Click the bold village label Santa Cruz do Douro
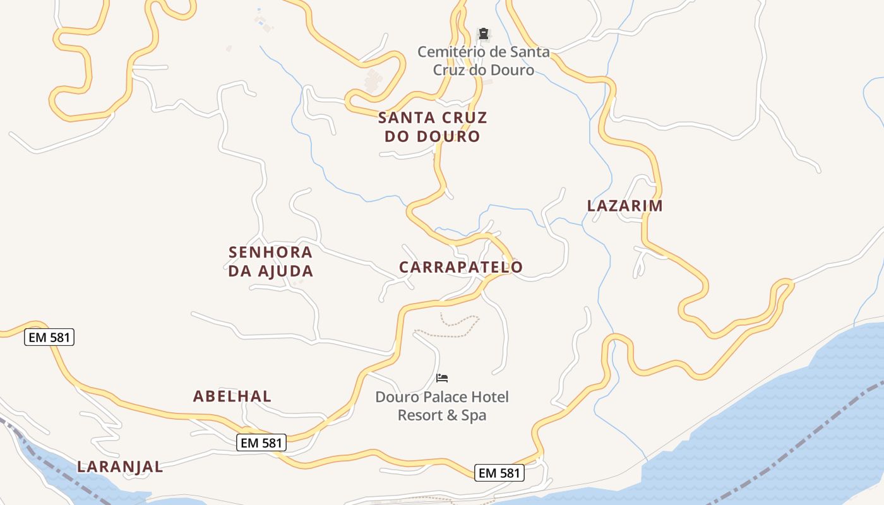[x=433, y=127]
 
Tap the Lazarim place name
[x=624, y=206]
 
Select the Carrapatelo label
[x=461, y=267]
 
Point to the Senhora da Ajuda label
[x=270, y=261]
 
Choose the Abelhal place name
[x=232, y=396]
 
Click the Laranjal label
[x=120, y=467]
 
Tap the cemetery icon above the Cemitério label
[x=483, y=33]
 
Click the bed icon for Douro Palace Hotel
[x=442, y=378]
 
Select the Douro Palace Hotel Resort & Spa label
[x=442, y=406]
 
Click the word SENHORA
[x=270, y=252]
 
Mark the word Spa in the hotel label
[x=474, y=415]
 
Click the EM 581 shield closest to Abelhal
[x=262, y=443]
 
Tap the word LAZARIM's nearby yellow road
[x=645, y=227]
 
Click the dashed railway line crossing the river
[x=789, y=442]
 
